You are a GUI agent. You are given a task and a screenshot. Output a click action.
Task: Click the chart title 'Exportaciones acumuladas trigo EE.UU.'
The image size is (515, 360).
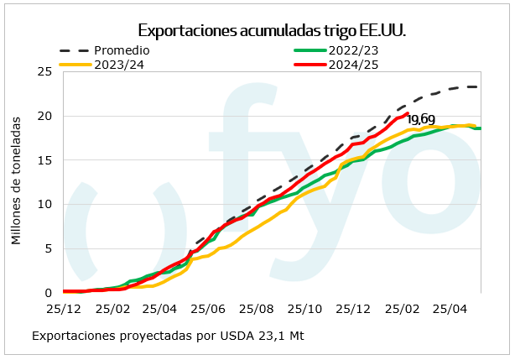pos(272,31)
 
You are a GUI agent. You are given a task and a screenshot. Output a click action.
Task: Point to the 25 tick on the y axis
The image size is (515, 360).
pos(46,72)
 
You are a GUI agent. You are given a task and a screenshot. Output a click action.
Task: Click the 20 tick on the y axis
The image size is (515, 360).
pos(46,116)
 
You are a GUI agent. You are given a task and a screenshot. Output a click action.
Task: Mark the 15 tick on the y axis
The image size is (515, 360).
pos(46,160)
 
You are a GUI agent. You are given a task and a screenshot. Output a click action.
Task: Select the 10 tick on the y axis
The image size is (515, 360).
pos(46,204)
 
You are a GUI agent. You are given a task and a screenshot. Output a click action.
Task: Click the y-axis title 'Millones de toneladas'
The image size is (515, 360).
pos(16,182)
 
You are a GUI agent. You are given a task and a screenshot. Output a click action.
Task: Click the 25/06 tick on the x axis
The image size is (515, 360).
pos(206,308)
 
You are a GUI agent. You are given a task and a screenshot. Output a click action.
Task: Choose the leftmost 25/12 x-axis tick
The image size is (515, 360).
pos(64,308)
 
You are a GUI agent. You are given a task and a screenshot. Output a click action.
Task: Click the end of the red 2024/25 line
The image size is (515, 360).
pos(407,113)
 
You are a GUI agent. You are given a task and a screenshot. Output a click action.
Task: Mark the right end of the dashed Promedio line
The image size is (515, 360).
pos(478,86)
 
